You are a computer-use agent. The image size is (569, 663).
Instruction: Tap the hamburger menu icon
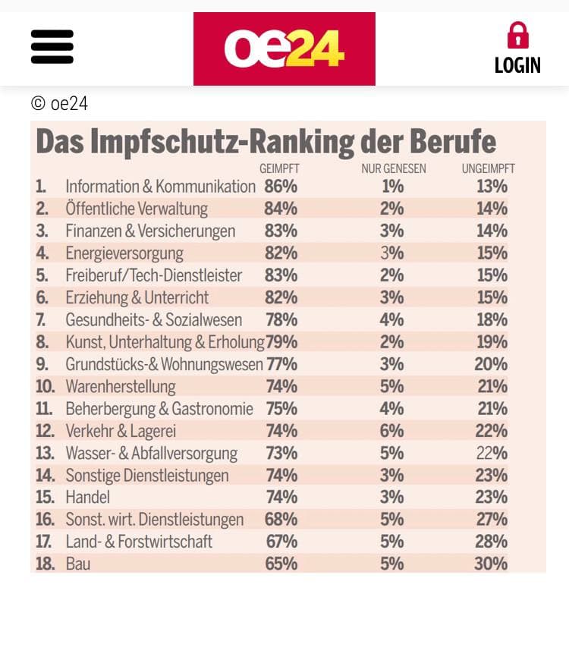52,46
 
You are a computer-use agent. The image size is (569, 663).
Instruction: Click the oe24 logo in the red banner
284,48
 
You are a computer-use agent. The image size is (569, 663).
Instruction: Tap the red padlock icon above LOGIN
517,36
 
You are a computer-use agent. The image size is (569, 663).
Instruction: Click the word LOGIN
517,66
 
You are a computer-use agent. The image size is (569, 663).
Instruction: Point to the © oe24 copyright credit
59,103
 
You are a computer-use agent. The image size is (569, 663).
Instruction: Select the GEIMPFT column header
279,168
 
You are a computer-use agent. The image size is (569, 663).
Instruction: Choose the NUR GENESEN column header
394,168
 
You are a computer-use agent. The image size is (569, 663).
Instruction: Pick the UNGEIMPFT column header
488,168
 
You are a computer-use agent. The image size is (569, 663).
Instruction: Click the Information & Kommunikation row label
160,187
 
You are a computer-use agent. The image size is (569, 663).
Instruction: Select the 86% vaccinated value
281,187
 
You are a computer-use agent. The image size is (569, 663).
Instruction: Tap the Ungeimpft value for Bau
491,564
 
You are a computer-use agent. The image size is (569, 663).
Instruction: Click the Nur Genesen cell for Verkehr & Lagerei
392,431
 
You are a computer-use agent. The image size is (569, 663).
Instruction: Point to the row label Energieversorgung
124,253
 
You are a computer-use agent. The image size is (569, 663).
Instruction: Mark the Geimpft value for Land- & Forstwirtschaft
281,542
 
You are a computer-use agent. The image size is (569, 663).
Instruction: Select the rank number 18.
46,564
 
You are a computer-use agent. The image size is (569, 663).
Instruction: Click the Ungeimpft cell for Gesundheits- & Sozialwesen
491,320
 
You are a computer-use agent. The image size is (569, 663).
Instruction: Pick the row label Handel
87,498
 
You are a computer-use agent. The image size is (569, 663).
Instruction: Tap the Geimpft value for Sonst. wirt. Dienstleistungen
281,520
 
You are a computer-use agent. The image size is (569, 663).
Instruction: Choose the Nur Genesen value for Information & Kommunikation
392,187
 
